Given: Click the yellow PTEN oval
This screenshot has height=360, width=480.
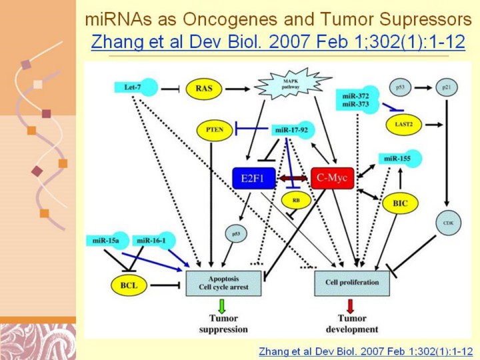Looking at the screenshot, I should pos(214,130).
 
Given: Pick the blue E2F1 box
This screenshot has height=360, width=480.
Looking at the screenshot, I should pos(253,178).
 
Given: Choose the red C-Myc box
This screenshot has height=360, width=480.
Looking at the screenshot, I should pos(331,178).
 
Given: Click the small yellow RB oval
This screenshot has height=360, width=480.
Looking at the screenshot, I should pos(296,199).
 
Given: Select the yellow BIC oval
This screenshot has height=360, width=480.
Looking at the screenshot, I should pos(400,202).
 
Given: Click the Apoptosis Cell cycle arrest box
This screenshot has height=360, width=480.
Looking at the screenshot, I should pos(223,282).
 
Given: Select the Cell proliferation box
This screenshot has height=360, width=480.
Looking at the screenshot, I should pos(351,282).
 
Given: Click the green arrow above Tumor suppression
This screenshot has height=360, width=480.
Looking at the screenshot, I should pos(222,306).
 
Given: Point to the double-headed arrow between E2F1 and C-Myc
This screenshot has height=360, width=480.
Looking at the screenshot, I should pos(292,178).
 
